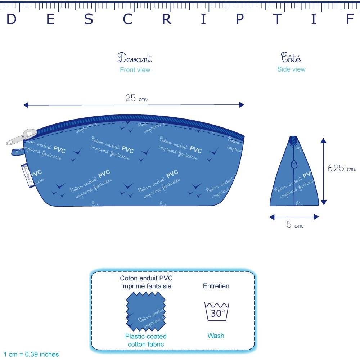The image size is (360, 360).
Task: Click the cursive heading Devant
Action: point(135,58)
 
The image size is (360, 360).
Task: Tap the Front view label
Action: point(135,70)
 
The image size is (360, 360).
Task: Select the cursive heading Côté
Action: point(291,58)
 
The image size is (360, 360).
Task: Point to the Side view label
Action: point(291,69)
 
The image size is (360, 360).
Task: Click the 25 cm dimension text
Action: point(136,98)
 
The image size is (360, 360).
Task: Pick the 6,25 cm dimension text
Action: point(341,168)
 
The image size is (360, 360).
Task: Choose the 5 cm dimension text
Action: point(294,225)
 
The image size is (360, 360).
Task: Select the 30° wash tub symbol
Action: point(217,312)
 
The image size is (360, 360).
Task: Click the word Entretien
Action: point(216,286)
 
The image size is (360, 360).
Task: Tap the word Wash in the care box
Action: point(216,336)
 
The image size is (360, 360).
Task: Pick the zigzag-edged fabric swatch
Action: point(146,312)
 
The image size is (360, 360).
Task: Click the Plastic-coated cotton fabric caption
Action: point(146,340)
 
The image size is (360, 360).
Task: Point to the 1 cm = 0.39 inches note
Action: point(31,355)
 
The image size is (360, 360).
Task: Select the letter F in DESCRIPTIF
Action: point(350,20)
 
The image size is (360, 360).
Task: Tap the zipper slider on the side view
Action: point(294,165)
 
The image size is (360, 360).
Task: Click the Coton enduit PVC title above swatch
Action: point(146,282)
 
